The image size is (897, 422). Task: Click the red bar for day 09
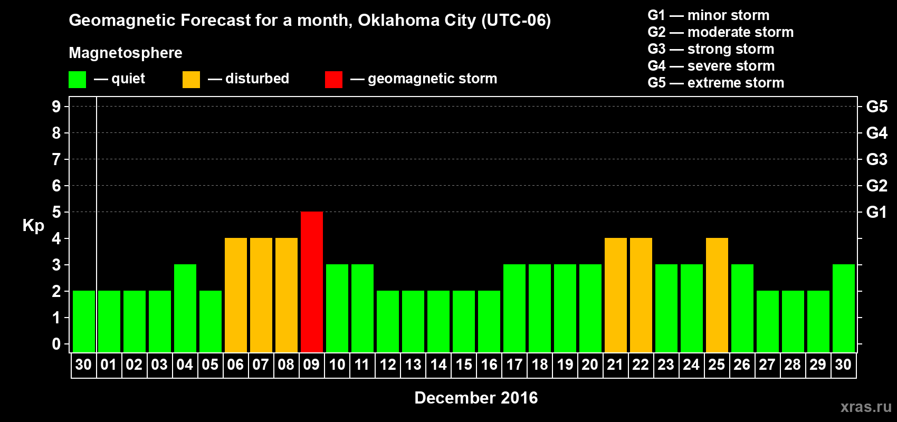click(311, 282)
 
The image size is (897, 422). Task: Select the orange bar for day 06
click(235, 295)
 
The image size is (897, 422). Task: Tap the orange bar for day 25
click(717, 295)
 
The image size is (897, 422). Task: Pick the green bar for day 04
click(185, 308)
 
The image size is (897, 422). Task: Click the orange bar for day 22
click(641, 295)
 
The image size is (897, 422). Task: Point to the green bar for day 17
click(514, 308)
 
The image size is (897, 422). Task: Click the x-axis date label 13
click(413, 365)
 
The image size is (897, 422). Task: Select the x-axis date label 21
click(615, 365)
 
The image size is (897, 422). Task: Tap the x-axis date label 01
click(109, 365)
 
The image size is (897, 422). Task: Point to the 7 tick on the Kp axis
click(56, 159)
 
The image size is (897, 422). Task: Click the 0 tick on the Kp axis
click(56, 344)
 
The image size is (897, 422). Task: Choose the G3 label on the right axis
click(876, 159)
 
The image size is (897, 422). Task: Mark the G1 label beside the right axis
click(876, 212)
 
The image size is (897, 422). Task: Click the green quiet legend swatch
click(77, 80)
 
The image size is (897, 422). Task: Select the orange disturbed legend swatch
click(191, 80)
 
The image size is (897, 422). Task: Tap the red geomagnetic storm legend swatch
click(333, 80)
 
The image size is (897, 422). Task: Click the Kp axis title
click(33, 226)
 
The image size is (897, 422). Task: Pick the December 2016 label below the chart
click(476, 398)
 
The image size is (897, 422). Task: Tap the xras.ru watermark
click(866, 407)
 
